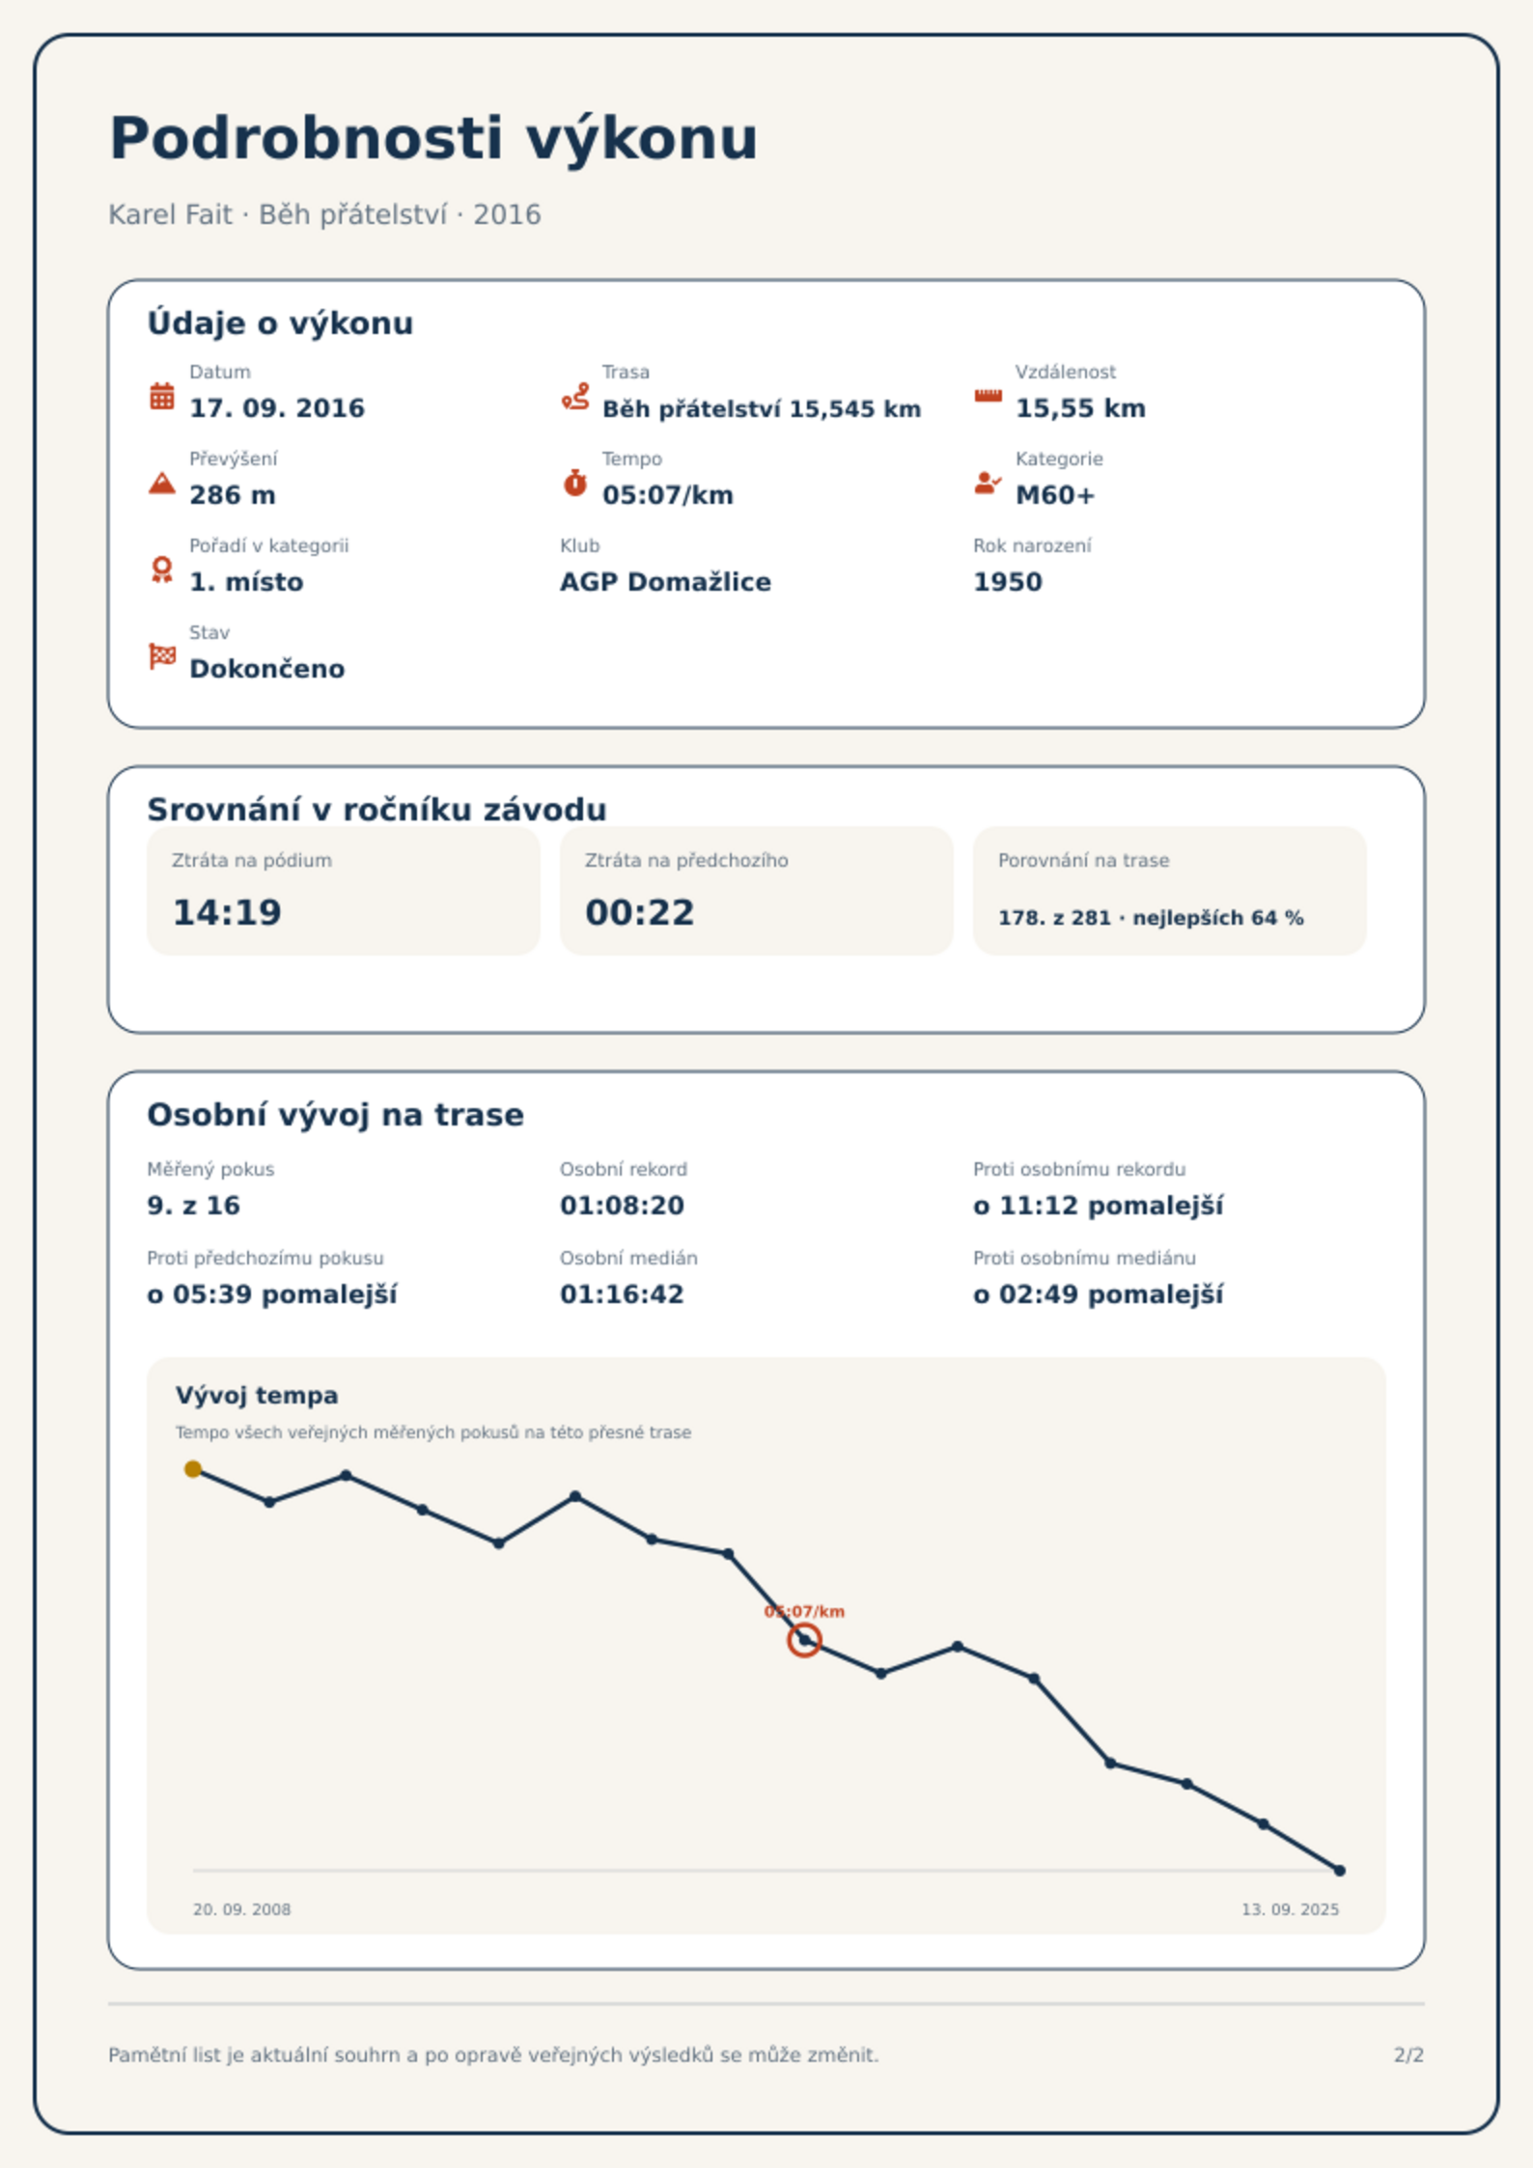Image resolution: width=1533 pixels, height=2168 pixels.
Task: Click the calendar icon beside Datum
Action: tap(162, 396)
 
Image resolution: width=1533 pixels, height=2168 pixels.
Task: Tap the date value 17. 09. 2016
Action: tap(277, 408)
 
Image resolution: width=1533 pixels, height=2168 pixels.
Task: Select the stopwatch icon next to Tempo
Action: tap(574, 483)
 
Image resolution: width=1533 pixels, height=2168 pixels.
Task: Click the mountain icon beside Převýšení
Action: tap(162, 483)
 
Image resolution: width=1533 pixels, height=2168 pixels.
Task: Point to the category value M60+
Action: tap(1055, 495)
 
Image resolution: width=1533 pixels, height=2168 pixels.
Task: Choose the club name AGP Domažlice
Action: tap(665, 582)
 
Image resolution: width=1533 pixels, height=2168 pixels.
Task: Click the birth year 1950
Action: tap(1008, 582)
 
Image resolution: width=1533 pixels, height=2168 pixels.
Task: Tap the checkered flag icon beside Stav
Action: tap(162, 656)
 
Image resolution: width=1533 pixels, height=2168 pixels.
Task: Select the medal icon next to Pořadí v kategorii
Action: tap(162, 570)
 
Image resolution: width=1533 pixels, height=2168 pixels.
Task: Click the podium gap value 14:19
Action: tap(227, 912)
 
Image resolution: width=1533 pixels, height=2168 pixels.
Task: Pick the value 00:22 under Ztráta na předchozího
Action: tap(639, 912)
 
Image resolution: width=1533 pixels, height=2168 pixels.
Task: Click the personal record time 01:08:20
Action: tap(622, 1206)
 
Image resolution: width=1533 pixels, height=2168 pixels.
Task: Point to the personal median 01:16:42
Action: tap(622, 1294)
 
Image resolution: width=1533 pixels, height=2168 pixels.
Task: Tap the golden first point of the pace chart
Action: tap(193, 1469)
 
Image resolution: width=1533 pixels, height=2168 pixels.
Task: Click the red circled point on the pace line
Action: tap(804, 1640)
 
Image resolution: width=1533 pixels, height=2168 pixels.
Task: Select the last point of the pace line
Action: tap(1339, 1871)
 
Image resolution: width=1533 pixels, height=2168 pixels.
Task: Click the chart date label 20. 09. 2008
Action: tap(241, 1909)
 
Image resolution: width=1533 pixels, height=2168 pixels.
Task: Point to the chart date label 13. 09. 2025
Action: tap(1290, 1909)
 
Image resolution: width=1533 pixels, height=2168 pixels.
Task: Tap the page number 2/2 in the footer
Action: tap(1408, 2055)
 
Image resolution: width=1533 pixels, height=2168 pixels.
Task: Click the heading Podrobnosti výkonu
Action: tap(433, 138)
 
